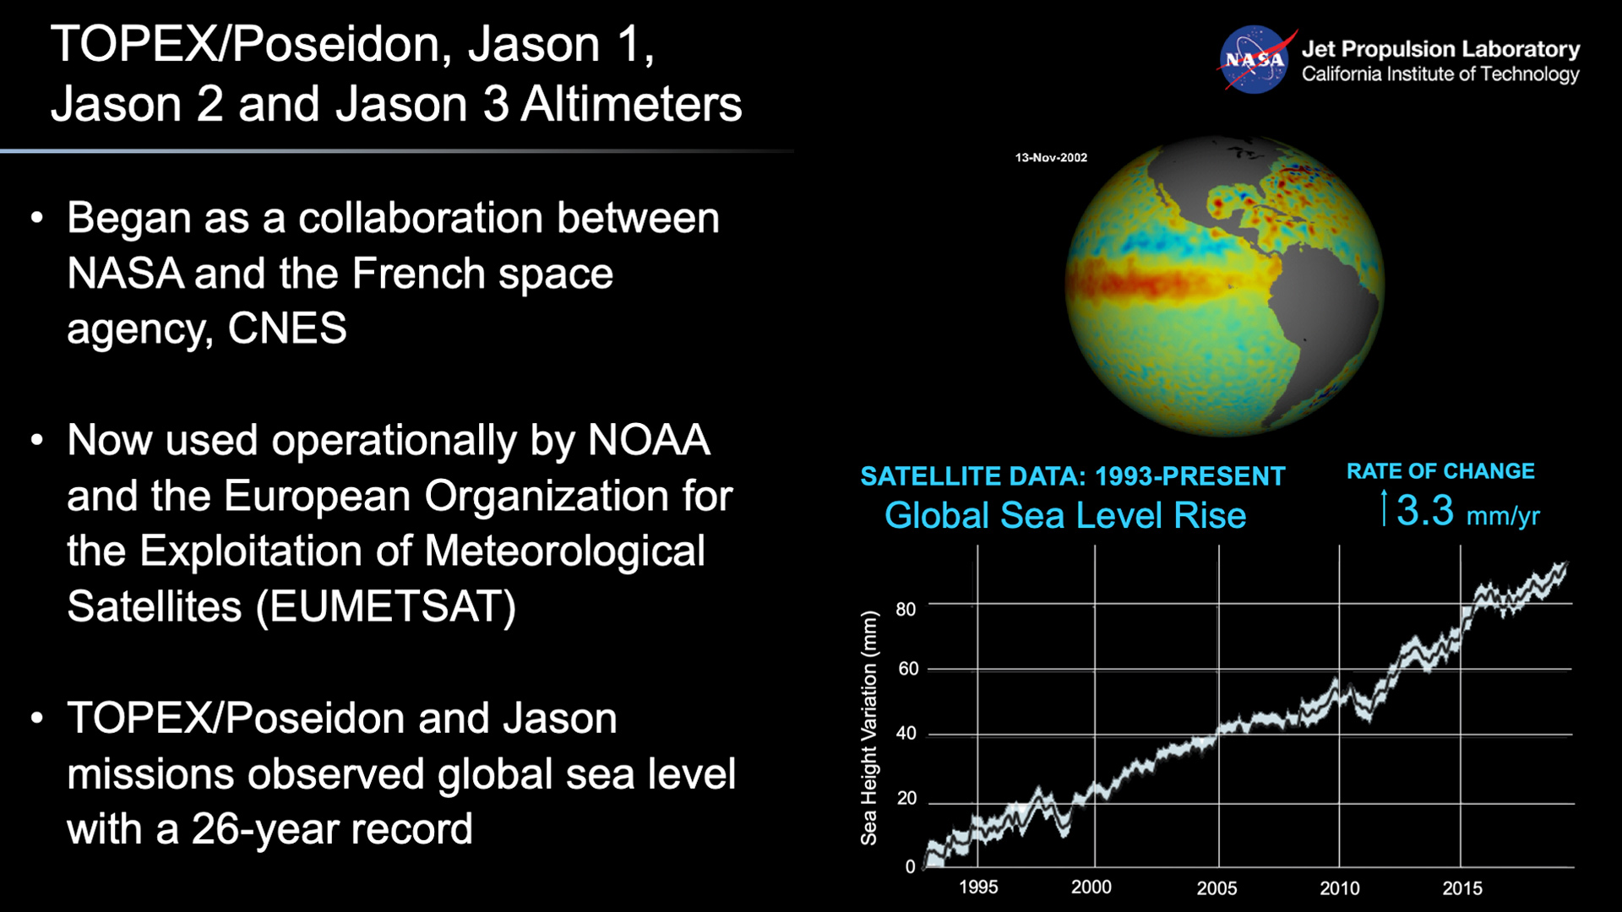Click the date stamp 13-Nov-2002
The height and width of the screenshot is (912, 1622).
pyautogui.click(x=1051, y=158)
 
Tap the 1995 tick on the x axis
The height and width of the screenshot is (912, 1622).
pyautogui.click(x=978, y=888)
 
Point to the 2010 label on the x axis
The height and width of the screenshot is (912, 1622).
pyautogui.click(x=1340, y=888)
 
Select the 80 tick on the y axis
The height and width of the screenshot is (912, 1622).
pyautogui.click(x=906, y=610)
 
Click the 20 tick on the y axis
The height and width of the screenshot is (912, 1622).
pyautogui.click(x=906, y=799)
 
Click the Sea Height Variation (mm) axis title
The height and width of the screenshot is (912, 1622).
pyautogui.click(x=868, y=728)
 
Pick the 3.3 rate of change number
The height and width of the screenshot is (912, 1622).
pyautogui.click(x=1424, y=511)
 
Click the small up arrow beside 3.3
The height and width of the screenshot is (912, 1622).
pyautogui.click(x=1384, y=508)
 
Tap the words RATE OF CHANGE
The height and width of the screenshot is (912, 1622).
pyautogui.click(x=1440, y=471)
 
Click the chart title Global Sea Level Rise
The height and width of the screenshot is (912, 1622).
pyautogui.click(x=1065, y=516)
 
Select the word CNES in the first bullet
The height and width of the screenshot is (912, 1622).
pyautogui.click(x=287, y=328)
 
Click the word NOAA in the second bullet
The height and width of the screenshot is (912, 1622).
pyautogui.click(x=649, y=440)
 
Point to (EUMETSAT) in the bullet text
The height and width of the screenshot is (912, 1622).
pyautogui.click(x=386, y=606)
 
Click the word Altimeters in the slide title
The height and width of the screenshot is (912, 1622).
pyautogui.click(x=631, y=105)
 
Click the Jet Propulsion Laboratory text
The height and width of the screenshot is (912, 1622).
pyautogui.click(x=1440, y=49)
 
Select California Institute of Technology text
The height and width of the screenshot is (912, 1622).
pyautogui.click(x=1440, y=74)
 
